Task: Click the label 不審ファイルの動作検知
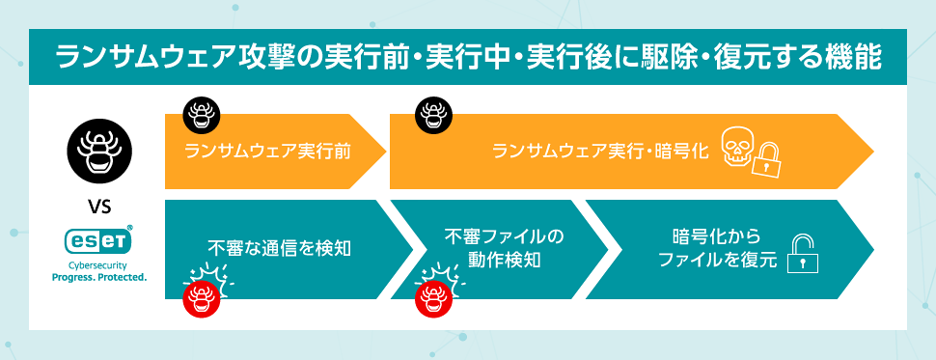pyautogui.click(x=505, y=247)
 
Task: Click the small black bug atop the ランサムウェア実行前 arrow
pyautogui.click(x=201, y=115)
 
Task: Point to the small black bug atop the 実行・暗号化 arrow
pyautogui.click(x=431, y=115)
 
